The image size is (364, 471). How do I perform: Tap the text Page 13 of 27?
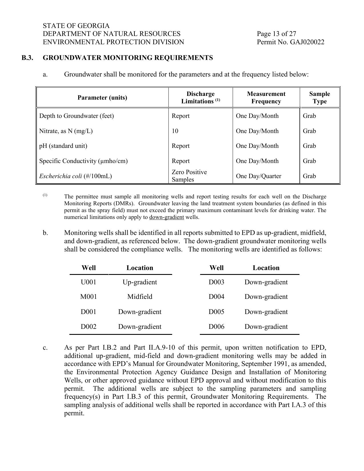(x=276, y=34)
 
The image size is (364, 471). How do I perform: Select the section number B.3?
(x=27, y=58)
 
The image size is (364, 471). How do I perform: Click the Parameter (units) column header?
(x=102, y=98)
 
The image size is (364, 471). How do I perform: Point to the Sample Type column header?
(x=319, y=98)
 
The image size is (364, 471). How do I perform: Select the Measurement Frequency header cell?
(x=266, y=98)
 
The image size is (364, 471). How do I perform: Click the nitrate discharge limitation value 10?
(x=175, y=131)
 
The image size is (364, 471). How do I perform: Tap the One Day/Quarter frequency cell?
(x=258, y=176)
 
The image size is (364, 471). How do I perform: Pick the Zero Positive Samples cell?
(x=189, y=176)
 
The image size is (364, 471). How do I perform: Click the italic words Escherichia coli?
(x=61, y=176)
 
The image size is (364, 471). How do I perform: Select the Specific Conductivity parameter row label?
(x=83, y=161)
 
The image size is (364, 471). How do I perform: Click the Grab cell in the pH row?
(x=309, y=146)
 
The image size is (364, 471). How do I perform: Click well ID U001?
(x=89, y=282)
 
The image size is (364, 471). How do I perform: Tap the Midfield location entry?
(x=140, y=297)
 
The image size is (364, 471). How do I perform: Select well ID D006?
(x=216, y=327)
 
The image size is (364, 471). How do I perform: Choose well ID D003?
(x=216, y=282)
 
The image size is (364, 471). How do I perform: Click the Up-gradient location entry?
(x=140, y=282)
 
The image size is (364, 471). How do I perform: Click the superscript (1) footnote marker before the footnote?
(x=45, y=195)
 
